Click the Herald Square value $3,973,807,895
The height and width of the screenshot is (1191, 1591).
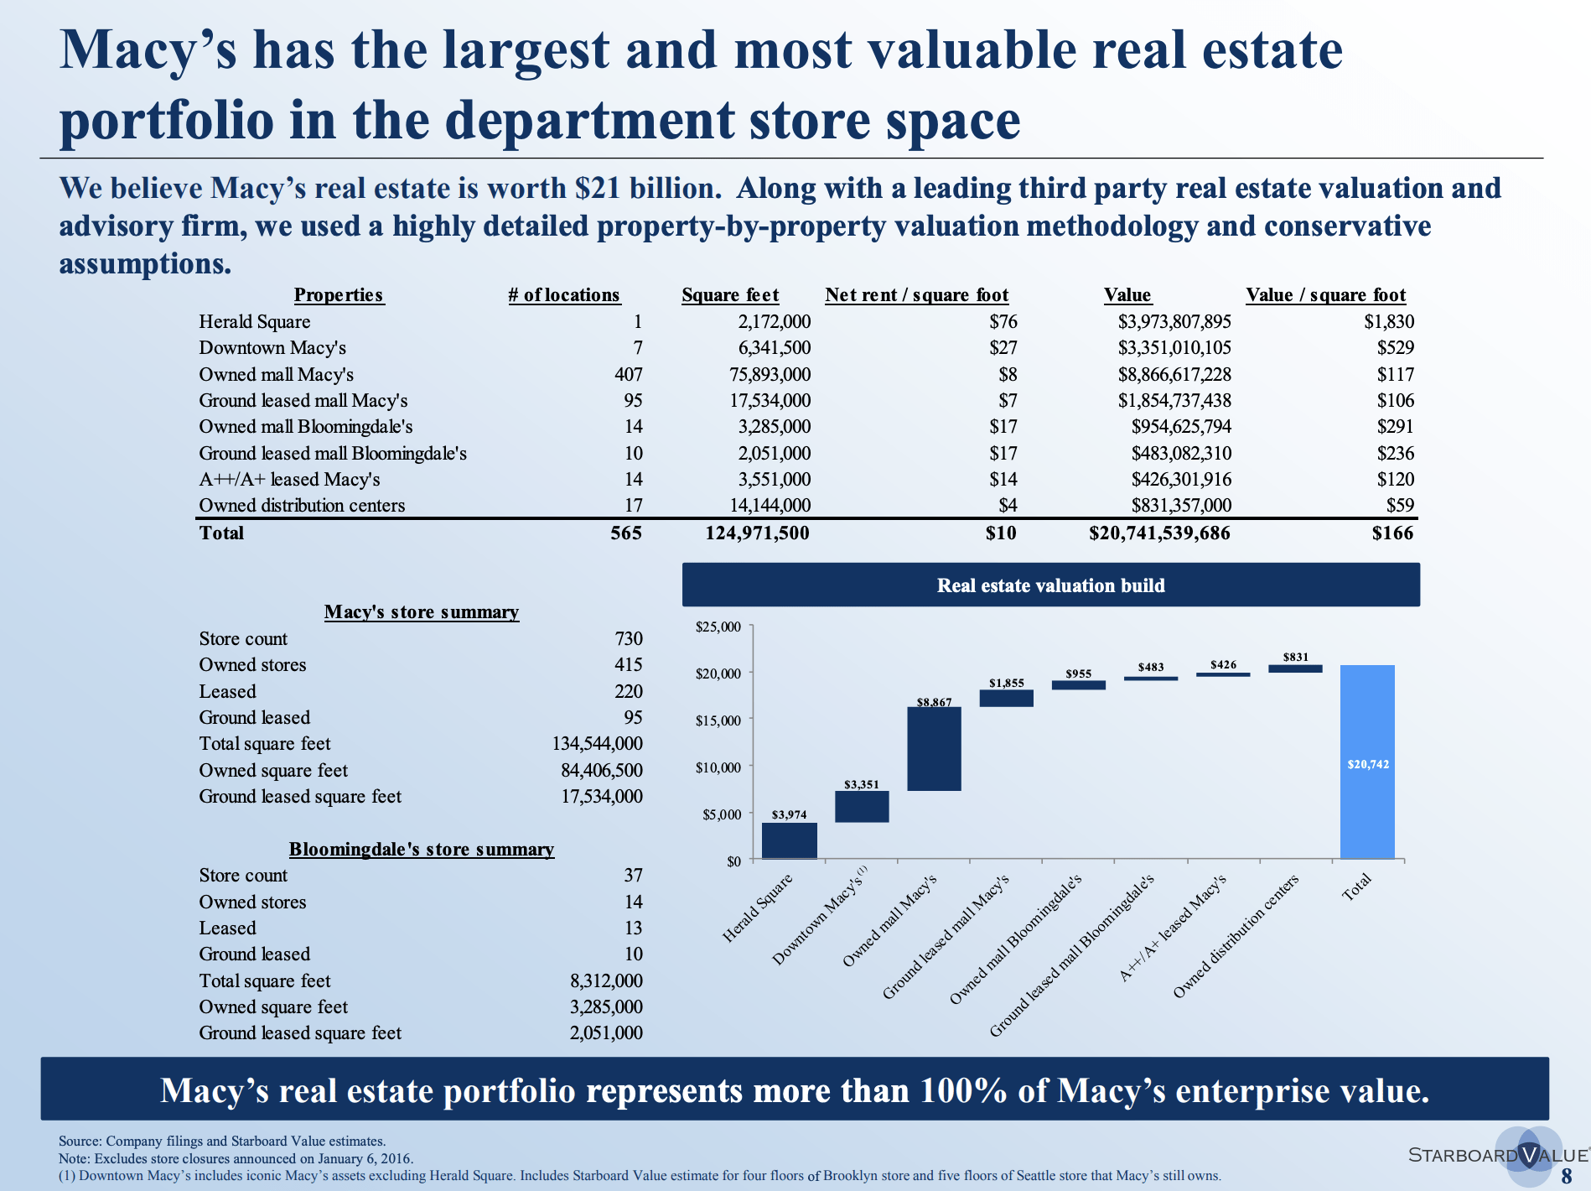(x=1174, y=322)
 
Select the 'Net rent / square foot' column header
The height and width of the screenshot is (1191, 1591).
(x=916, y=295)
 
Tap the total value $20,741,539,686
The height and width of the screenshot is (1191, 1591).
(x=1159, y=533)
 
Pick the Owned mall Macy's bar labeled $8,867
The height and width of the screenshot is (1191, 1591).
(x=934, y=749)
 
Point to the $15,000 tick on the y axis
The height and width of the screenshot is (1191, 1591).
(x=719, y=720)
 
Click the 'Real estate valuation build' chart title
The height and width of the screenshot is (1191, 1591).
(x=1050, y=585)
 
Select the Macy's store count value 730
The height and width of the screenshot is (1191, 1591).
(x=628, y=639)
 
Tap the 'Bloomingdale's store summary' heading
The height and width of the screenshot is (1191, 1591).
(x=422, y=850)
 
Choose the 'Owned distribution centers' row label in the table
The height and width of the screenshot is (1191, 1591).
(x=302, y=506)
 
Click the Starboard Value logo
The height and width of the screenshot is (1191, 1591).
(x=1497, y=1155)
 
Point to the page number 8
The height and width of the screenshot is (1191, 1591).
(x=1566, y=1176)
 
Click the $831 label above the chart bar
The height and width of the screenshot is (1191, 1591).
(x=1295, y=657)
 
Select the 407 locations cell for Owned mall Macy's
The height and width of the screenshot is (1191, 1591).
(x=628, y=375)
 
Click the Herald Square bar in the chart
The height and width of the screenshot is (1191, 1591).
(x=789, y=840)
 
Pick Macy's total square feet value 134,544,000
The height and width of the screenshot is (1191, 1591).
(x=597, y=744)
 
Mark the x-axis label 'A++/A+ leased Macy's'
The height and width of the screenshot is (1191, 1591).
(x=1174, y=928)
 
